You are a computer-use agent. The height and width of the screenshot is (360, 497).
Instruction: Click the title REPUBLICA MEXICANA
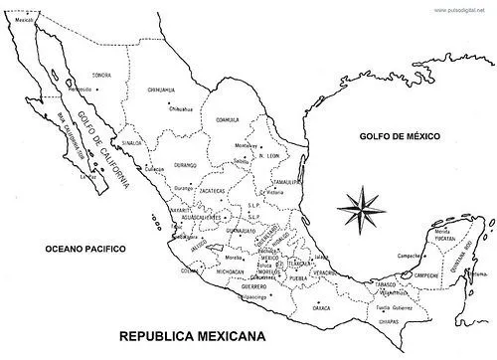pos(192,337)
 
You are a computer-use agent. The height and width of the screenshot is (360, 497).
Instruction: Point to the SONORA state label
pos(101,76)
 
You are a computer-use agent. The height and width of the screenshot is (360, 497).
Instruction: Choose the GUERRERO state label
pos(253,284)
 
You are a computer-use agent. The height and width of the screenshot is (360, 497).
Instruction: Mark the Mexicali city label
pos(25,19)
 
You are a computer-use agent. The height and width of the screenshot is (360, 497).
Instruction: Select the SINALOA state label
pos(132,142)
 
